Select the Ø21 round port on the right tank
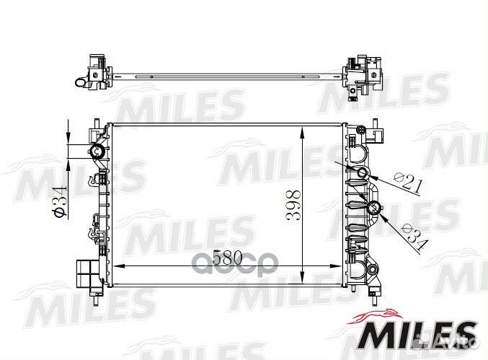362,173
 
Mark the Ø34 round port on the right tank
374,209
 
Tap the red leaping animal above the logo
379,312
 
